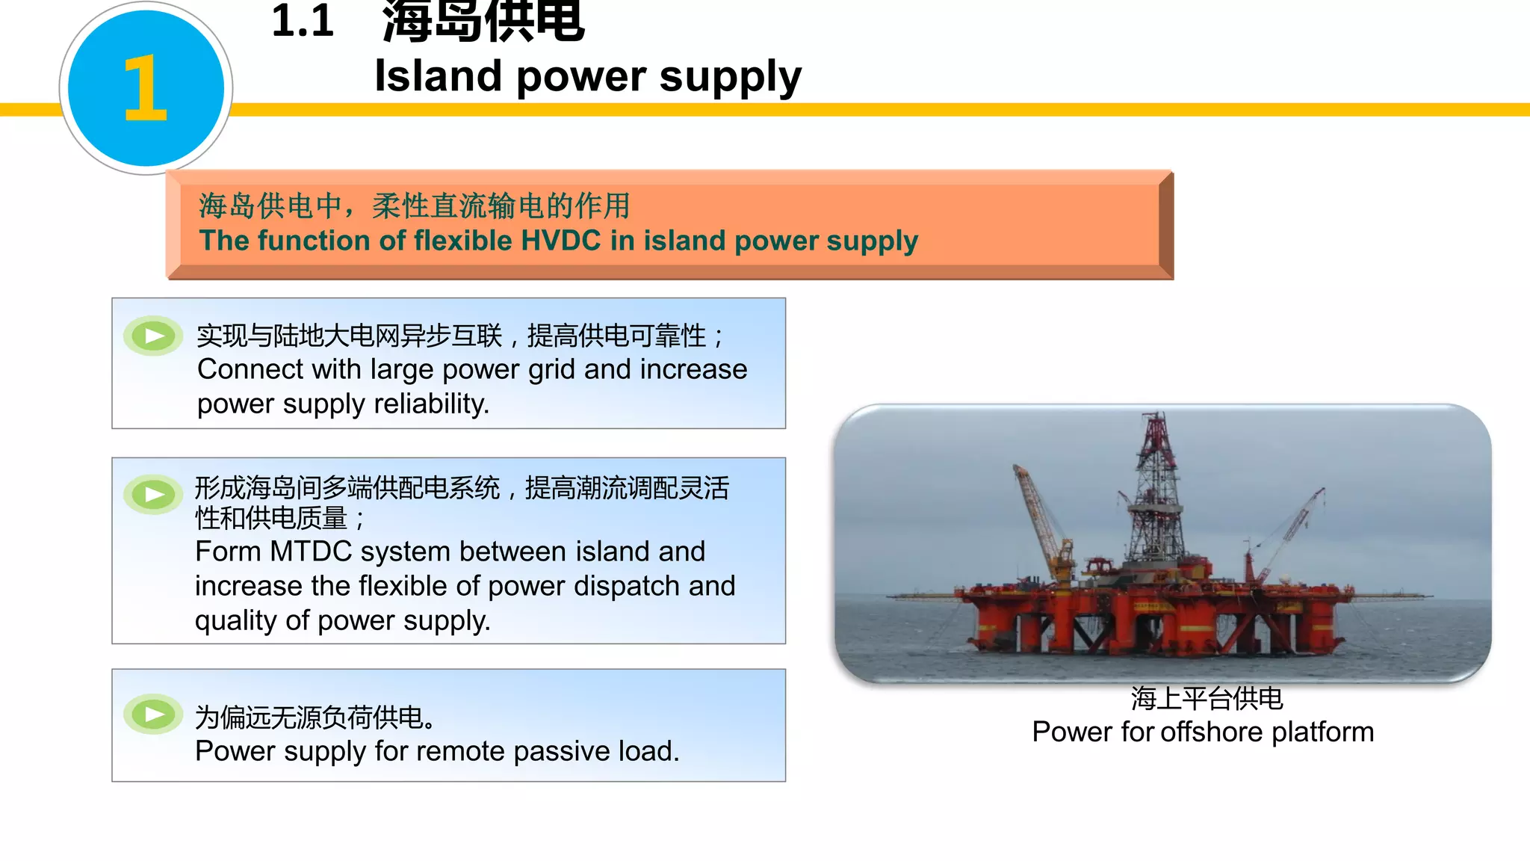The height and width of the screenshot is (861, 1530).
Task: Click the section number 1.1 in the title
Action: tap(302, 21)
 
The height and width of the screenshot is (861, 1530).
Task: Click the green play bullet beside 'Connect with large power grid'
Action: tap(154, 336)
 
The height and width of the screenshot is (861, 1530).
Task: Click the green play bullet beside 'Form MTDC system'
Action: tap(154, 495)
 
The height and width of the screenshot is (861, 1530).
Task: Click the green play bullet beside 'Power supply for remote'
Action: tap(154, 715)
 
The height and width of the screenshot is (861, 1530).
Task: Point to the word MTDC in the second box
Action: tap(311, 552)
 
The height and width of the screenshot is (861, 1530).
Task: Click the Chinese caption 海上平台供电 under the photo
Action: tap(1207, 699)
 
